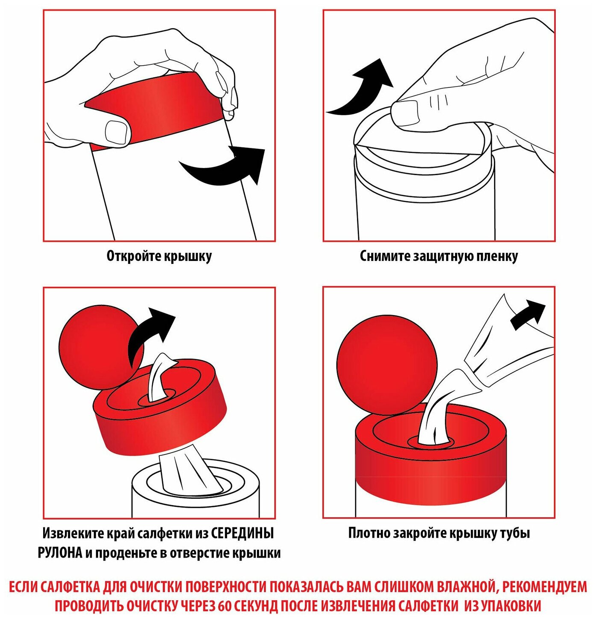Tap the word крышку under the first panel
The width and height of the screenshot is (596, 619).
tap(188, 256)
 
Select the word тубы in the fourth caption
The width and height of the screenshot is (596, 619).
tap(516, 533)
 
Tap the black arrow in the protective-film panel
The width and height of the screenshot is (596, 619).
tap(360, 89)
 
